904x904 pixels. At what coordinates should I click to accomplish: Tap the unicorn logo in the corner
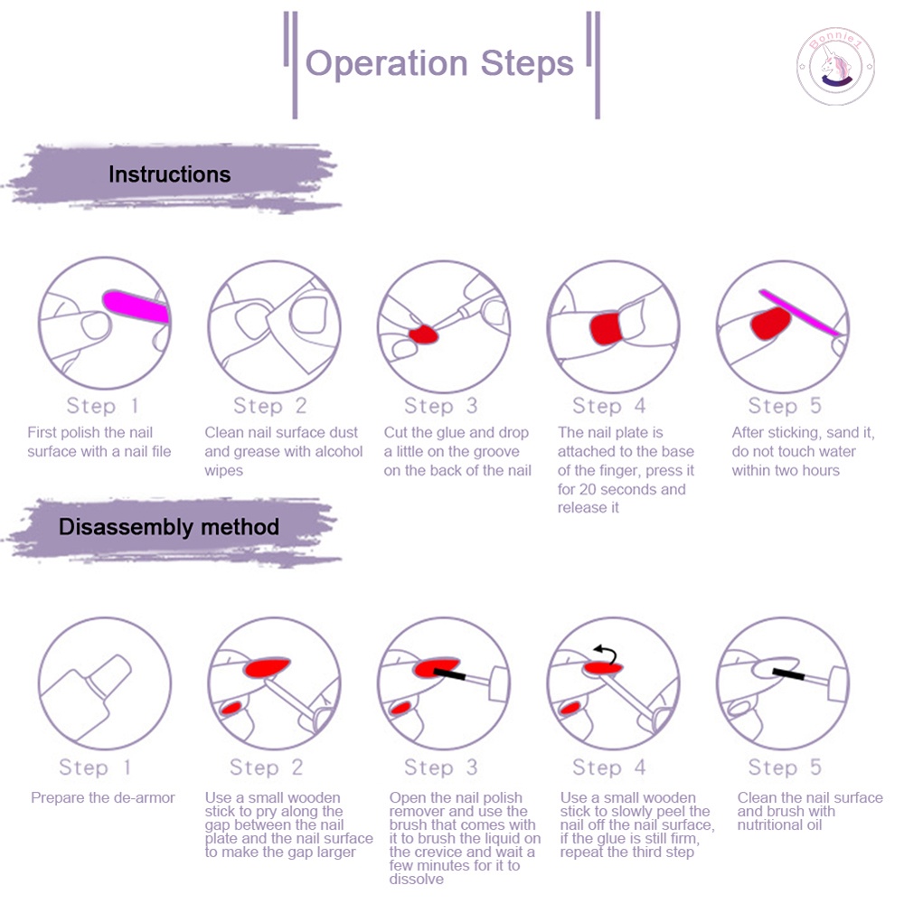pyautogui.click(x=834, y=69)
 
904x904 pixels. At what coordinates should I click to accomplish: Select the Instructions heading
pyautogui.click(x=169, y=174)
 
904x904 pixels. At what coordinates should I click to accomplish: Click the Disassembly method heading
pyautogui.click(x=168, y=526)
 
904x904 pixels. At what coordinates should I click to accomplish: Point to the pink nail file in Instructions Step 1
pyautogui.click(x=136, y=306)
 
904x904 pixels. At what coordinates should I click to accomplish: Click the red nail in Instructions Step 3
pyautogui.click(x=423, y=335)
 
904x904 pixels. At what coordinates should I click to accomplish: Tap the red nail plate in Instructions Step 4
pyautogui.click(x=605, y=325)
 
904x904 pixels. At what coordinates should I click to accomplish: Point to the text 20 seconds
pyautogui.click(x=627, y=489)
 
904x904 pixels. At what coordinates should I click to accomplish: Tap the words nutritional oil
pyautogui.click(x=780, y=824)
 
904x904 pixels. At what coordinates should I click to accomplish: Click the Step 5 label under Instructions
pyautogui.click(x=785, y=406)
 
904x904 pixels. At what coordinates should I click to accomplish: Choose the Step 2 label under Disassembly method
pyautogui.click(x=266, y=767)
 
